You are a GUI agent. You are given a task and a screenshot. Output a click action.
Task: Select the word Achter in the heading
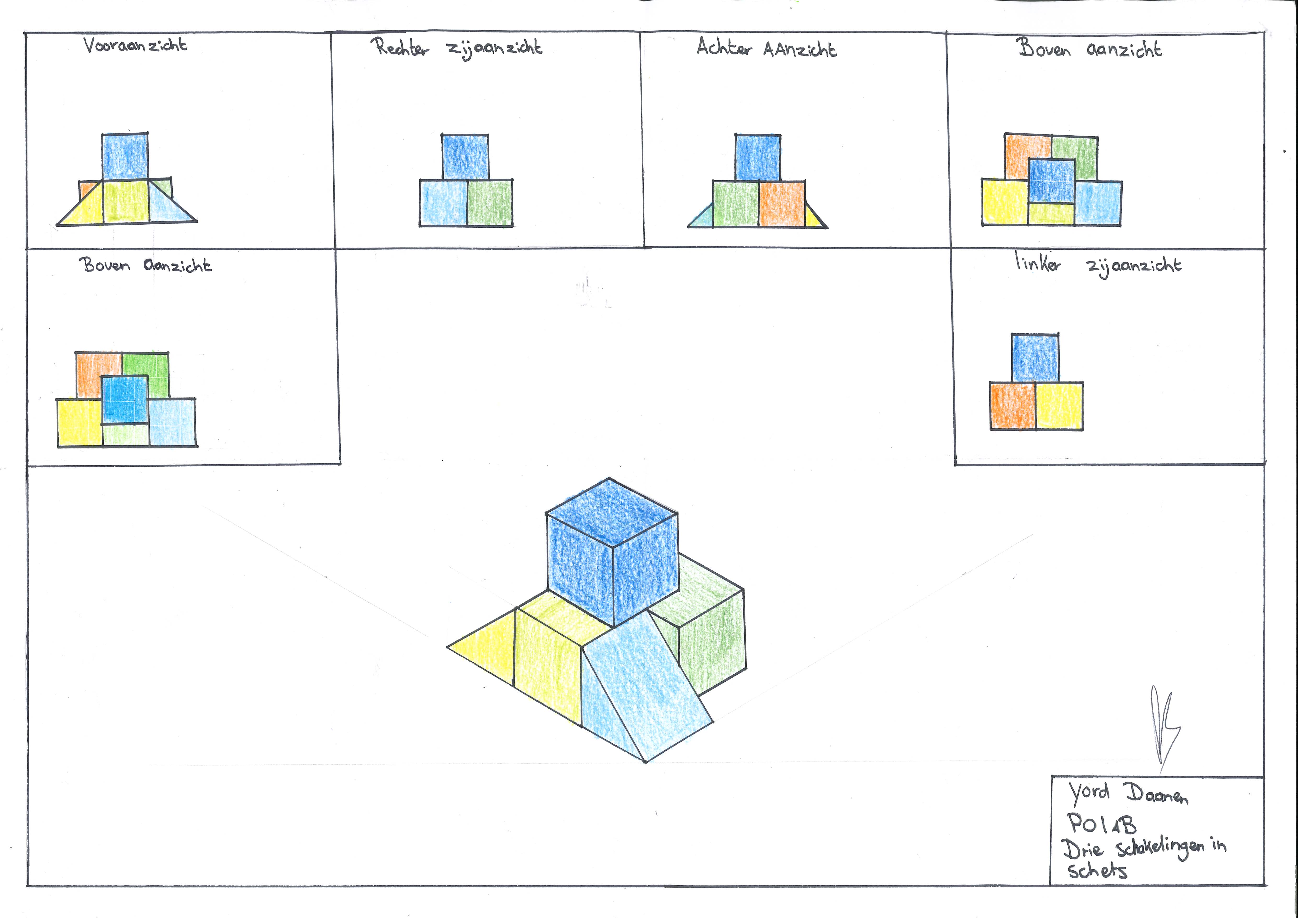(x=724, y=47)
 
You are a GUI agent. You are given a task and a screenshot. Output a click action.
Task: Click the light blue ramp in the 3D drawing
(x=644, y=684)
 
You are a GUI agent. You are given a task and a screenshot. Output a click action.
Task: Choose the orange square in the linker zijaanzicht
(x=1013, y=406)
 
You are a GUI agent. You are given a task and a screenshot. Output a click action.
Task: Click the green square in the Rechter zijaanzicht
(x=490, y=203)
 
